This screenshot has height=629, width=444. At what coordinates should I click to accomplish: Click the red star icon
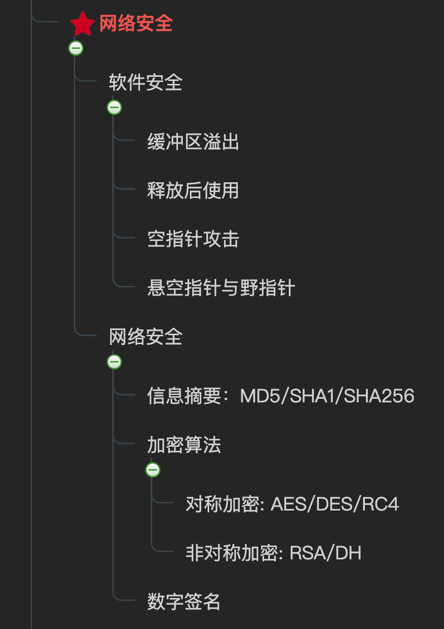[x=82, y=24]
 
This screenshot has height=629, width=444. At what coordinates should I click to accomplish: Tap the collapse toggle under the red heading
[x=76, y=48]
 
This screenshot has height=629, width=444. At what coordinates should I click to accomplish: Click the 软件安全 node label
[x=145, y=82]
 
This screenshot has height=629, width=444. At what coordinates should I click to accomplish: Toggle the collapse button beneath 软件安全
[x=114, y=107]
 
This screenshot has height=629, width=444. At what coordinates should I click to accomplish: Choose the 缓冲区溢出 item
[x=193, y=142]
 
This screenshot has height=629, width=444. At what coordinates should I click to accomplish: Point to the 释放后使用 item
[x=193, y=191]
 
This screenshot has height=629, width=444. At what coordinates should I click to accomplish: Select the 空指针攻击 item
[x=193, y=239]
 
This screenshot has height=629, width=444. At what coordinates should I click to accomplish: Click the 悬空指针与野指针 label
[x=221, y=288]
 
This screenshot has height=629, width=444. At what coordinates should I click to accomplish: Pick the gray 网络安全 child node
[x=145, y=337]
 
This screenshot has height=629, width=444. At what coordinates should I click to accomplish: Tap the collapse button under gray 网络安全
[x=114, y=362]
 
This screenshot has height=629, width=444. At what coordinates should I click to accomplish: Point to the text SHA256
[x=379, y=396]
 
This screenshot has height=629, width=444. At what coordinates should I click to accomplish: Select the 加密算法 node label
[x=184, y=445]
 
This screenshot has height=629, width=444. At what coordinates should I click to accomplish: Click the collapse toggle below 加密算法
[x=153, y=470]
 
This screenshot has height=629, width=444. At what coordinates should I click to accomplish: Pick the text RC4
[x=381, y=504]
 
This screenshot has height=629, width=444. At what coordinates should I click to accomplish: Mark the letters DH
[x=349, y=553]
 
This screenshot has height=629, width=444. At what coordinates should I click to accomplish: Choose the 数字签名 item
[x=184, y=602]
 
